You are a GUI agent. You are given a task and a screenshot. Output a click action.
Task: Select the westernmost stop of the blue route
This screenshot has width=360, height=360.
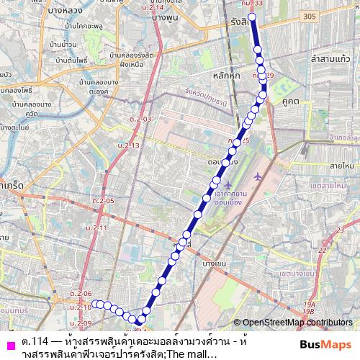click(94, 303)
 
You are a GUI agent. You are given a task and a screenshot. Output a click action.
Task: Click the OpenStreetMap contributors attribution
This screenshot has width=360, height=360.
click(293, 323)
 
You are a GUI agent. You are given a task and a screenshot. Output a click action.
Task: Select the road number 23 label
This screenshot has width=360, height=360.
click(322, 251)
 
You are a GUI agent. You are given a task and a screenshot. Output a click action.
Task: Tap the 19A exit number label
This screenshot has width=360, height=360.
click(310, 305)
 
